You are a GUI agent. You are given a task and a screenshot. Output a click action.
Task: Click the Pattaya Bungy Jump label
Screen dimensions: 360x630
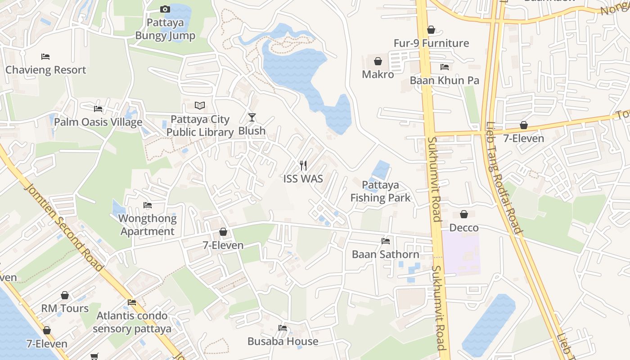[x=165, y=29]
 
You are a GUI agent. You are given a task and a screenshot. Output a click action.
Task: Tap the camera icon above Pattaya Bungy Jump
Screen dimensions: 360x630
[x=165, y=9]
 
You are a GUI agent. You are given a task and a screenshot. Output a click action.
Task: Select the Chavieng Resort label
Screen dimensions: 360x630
[x=45, y=70]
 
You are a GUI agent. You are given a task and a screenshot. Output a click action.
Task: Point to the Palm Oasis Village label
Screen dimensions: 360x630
[x=98, y=122]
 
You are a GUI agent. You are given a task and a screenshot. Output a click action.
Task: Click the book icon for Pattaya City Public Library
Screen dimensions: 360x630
[x=200, y=105]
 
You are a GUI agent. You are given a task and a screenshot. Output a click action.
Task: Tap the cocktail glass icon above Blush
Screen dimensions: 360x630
[x=252, y=117]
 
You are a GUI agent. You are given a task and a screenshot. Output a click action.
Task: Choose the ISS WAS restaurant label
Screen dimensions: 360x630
[x=303, y=179]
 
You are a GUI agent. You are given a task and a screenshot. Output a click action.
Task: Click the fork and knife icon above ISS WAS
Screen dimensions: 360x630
[x=303, y=166]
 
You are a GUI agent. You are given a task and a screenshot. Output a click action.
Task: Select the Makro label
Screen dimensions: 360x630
[x=378, y=75]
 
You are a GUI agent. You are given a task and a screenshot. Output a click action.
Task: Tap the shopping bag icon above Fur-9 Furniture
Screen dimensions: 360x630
[x=431, y=30]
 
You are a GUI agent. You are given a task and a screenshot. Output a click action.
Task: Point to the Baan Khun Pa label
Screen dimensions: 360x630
[x=444, y=81]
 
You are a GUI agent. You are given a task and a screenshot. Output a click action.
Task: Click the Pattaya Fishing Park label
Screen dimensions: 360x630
[x=380, y=191]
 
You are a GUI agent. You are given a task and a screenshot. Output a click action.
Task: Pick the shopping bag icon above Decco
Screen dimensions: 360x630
[x=464, y=214]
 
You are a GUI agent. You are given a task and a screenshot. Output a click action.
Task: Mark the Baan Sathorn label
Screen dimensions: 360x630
[x=386, y=254]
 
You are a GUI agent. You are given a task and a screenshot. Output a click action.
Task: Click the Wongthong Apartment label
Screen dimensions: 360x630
[x=148, y=225]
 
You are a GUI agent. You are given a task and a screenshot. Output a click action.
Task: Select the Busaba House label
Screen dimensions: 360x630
[x=283, y=342]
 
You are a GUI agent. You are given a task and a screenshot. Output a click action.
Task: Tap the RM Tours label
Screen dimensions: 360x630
[x=65, y=309]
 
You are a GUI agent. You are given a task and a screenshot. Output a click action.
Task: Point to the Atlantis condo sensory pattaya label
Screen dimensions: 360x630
[x=132, y=322]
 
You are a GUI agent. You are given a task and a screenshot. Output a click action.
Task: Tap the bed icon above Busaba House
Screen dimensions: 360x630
[x=283, y=328]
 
